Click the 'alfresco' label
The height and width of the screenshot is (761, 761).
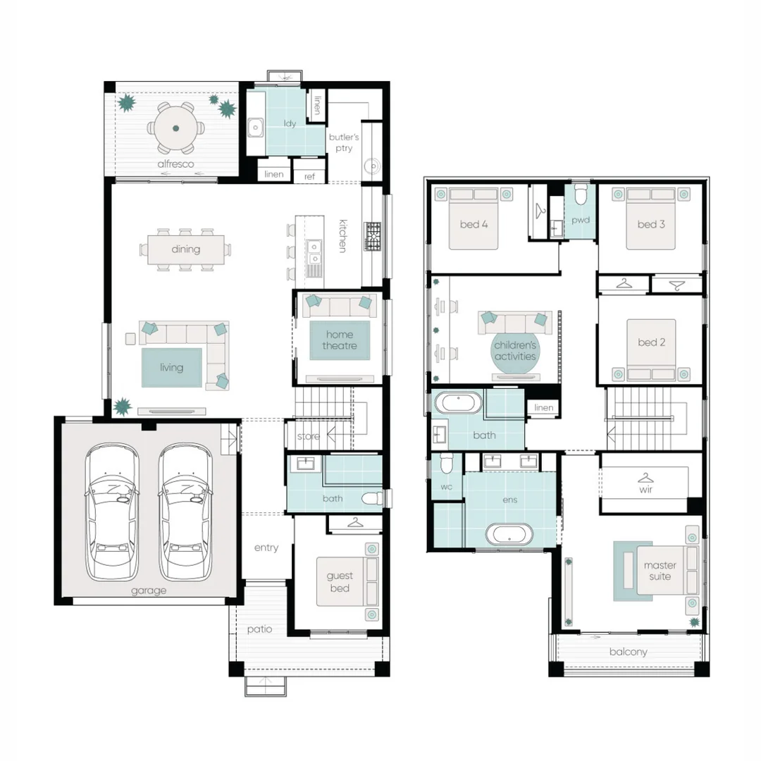pyautogui.click(x=175, y=164)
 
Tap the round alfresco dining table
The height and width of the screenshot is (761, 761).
pyautogui.click(x=175, y=129)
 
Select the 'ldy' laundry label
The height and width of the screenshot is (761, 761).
pyautogui.click(x=290, y=124)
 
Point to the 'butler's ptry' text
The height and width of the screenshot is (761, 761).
pyautogui.click(x=344, y=142)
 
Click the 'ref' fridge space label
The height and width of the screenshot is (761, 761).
pyautogui.click(x=309, y=177)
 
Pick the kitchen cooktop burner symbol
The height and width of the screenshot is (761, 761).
pyautogui.click(x=373, y=236)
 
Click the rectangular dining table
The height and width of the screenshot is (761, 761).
pyautogui.click(x=186, y=249)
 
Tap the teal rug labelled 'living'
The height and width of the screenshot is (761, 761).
pyautogui.click(x=172, y=367)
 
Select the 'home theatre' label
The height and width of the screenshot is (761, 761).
pyautogui.click(x=339, y=340)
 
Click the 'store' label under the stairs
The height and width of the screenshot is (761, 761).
pyautogui.click(x=309, y=436)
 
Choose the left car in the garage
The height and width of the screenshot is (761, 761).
pyautogui.click(x=111, y=512)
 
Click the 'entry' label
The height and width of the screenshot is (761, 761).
pyautogui.click(x=266, y=548)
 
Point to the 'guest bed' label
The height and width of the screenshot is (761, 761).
pyautogui.click(x=340, y=582)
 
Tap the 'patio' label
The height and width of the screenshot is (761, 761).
pyautogui.click(x=259, y=629)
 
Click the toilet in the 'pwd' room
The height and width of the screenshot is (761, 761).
pyautogui.click(x=581, y=195)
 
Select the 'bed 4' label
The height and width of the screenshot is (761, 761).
pyautogui.click(x=474, y=224)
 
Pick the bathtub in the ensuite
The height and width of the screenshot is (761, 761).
pyautogui.click(x=509, y=535)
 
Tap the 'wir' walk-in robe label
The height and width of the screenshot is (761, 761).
pyautogui.click(x=645, y=490)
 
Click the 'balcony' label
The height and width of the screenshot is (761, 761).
pyautogui.click(x=628, y=652)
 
